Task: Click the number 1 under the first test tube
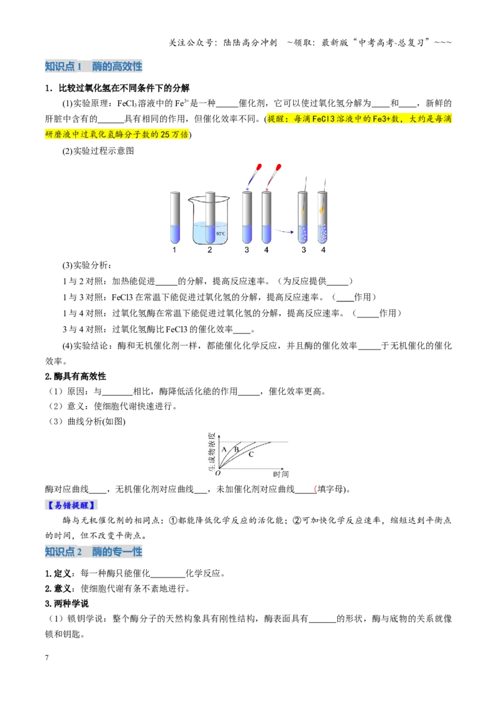[175, 250]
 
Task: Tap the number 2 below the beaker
[209, 250]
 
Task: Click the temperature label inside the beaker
[221, 234]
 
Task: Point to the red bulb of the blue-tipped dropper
[259, 167]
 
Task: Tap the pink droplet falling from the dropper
[267, 189]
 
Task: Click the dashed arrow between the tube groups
[284, 232]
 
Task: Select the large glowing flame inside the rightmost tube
[322, 208]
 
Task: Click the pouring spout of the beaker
[191, 199]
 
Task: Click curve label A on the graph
[224, 449]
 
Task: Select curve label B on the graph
[237, 449]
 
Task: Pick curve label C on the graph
[251, 454]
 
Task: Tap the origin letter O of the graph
[218, 473]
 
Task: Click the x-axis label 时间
[281, 474]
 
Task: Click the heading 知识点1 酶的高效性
[94, 66]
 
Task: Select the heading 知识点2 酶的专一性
[94, 551]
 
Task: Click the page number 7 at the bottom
[47, 657]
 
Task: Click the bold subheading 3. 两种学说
[67, 604]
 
